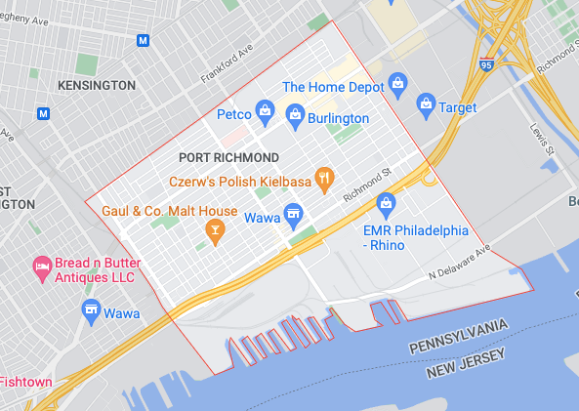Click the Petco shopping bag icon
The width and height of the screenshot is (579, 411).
[264, 114]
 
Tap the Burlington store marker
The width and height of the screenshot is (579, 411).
[295, 118]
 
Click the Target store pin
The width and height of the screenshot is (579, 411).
[426, 103]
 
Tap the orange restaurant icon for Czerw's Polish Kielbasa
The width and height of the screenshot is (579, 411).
[325, 180]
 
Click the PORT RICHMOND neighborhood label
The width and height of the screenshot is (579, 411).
[228, 157]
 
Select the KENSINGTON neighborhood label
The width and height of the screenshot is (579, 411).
[96, 86]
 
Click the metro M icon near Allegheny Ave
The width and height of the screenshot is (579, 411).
[144, 41]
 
